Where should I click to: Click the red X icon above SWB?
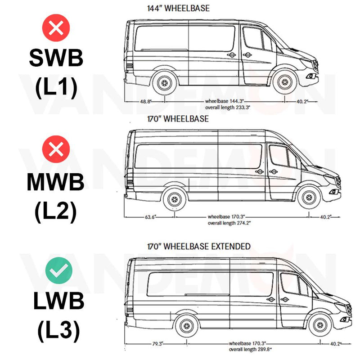click(56, 28)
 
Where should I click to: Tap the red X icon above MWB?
click(56, 149)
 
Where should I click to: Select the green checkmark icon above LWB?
click(59, 270)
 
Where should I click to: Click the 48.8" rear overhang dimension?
click(145, 101)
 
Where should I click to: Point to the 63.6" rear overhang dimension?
click(150, 217)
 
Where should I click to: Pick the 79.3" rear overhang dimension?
click(157, 344)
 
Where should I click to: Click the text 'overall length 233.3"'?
click(228, 108)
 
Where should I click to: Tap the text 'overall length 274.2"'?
click(229, 223)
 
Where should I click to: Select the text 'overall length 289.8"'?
click(250, 350)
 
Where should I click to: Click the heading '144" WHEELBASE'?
click(178, 8)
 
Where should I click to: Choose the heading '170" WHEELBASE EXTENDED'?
click(199, 246)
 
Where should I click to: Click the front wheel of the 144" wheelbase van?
click(285, 82)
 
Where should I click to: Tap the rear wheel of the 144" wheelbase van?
click(165, 83)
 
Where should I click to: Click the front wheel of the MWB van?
click(309, 198)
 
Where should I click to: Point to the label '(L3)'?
click(59, 330)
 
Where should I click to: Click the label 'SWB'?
click(56, 58)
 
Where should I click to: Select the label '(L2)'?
click(56, 211)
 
